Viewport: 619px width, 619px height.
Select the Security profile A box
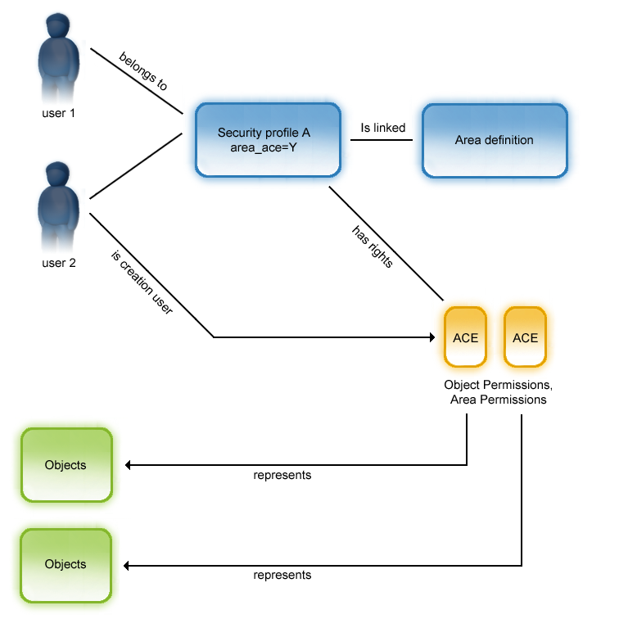(x=268, y=139)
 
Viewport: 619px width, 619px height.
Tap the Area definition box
(x=494, y=140)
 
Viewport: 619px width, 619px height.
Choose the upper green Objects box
(x=66, y=465)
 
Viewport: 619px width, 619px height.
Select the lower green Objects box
(x=66, y=564)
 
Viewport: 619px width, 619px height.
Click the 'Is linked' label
(x=383, y=128)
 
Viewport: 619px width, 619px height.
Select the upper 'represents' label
(x=282, y=475)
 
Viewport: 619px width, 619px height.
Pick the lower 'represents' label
(x=282, y=575)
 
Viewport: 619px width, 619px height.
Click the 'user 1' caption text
(x=58, y=113)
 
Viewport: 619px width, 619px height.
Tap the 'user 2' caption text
(x=58, y=263)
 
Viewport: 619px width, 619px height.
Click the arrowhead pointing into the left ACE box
(x=430, y=337)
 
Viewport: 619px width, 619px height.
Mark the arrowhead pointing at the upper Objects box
(x=128, y=465)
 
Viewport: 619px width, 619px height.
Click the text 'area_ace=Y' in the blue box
(x=264, y=147)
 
